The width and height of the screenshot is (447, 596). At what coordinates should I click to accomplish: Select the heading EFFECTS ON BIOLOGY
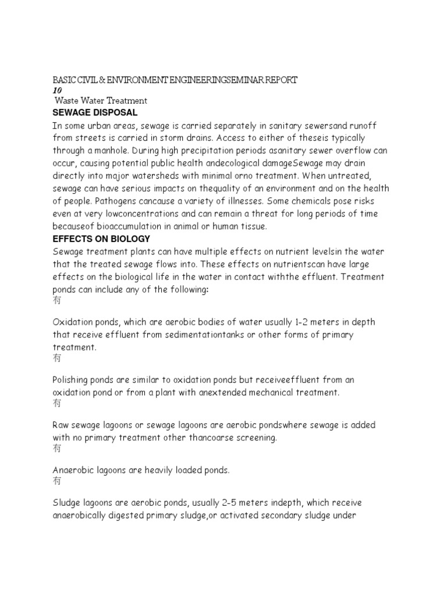[x=101, y=239]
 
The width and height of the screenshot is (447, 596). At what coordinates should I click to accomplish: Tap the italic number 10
[x=57, y=91]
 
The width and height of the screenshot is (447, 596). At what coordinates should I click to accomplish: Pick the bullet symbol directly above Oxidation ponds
[x=57, y=301]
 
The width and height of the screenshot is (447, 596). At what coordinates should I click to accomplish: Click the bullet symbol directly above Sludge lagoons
[x=57, y=481]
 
